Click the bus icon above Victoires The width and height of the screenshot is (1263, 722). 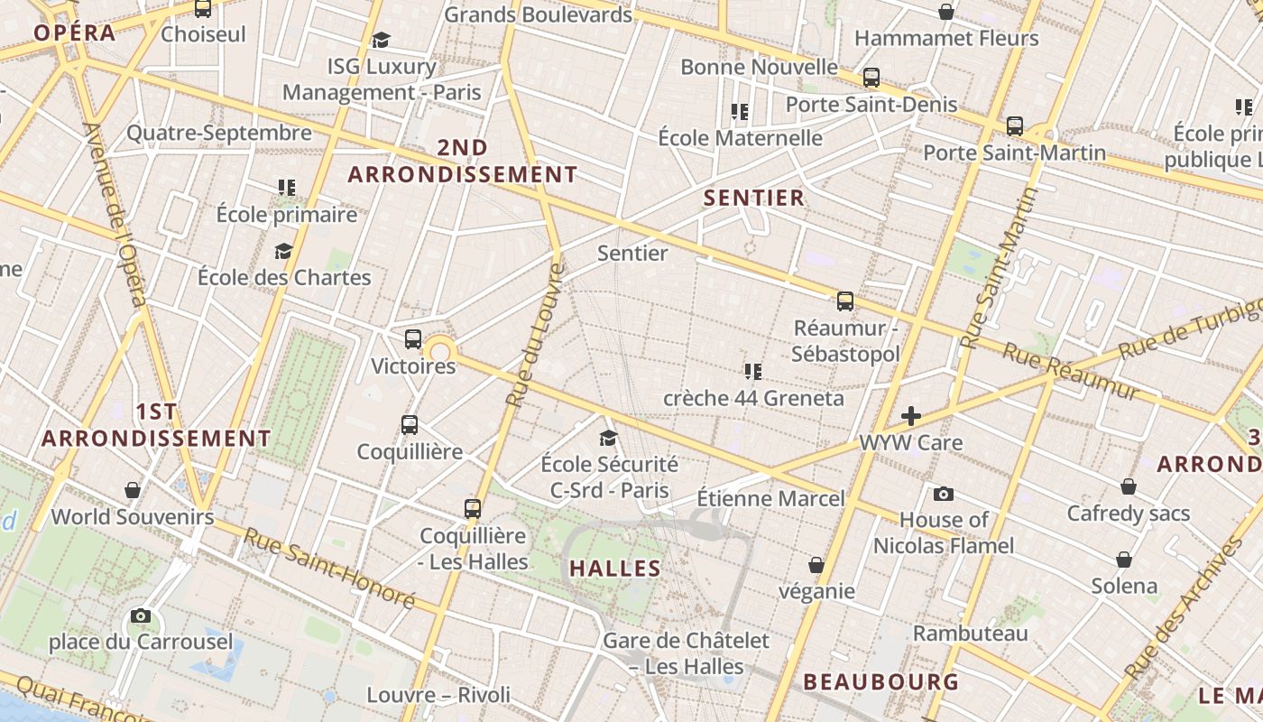pyautogui.click(x=413, y=339)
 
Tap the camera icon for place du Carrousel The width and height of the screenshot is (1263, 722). pyautogui.click(x=141, y=616)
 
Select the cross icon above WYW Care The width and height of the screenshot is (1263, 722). pyautogui.click(x=911, y=416)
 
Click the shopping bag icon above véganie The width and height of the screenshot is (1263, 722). pyautogui.click(x=816, y=565)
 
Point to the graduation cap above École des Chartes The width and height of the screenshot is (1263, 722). pyautogui.click(x=284, y=251)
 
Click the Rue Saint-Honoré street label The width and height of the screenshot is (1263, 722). pyautogui.click(x=329, y=568)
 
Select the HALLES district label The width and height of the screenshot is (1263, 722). pyautogui.click(x=615, y=569)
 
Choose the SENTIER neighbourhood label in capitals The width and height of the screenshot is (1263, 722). pyautogui.click(x=753, y=199)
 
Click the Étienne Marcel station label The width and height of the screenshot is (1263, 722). pyautogui.click(x=770, y=498)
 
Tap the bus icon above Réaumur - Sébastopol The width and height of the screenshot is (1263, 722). pyautogui.click(x=845, y=301)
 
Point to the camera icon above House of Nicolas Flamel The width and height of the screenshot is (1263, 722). pyautogui.click(x=944, y=494)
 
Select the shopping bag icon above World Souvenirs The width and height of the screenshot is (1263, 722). pyautogui.click(x=133, y=490)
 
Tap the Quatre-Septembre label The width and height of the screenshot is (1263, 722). pyautogui.click(x=219, y=134)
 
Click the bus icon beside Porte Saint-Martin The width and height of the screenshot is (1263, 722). pyautogui.click(x=1015, y=126)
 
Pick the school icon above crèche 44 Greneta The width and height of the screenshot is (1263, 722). pyautogui.click(x=753, y=371)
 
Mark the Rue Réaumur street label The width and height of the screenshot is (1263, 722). pyautogui.click(x=1071, y=370)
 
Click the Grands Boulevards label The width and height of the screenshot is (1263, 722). pyautogui.click(x=539, y=14)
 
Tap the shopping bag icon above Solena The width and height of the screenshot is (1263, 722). pyautogui.click(x=1124, y=560)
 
